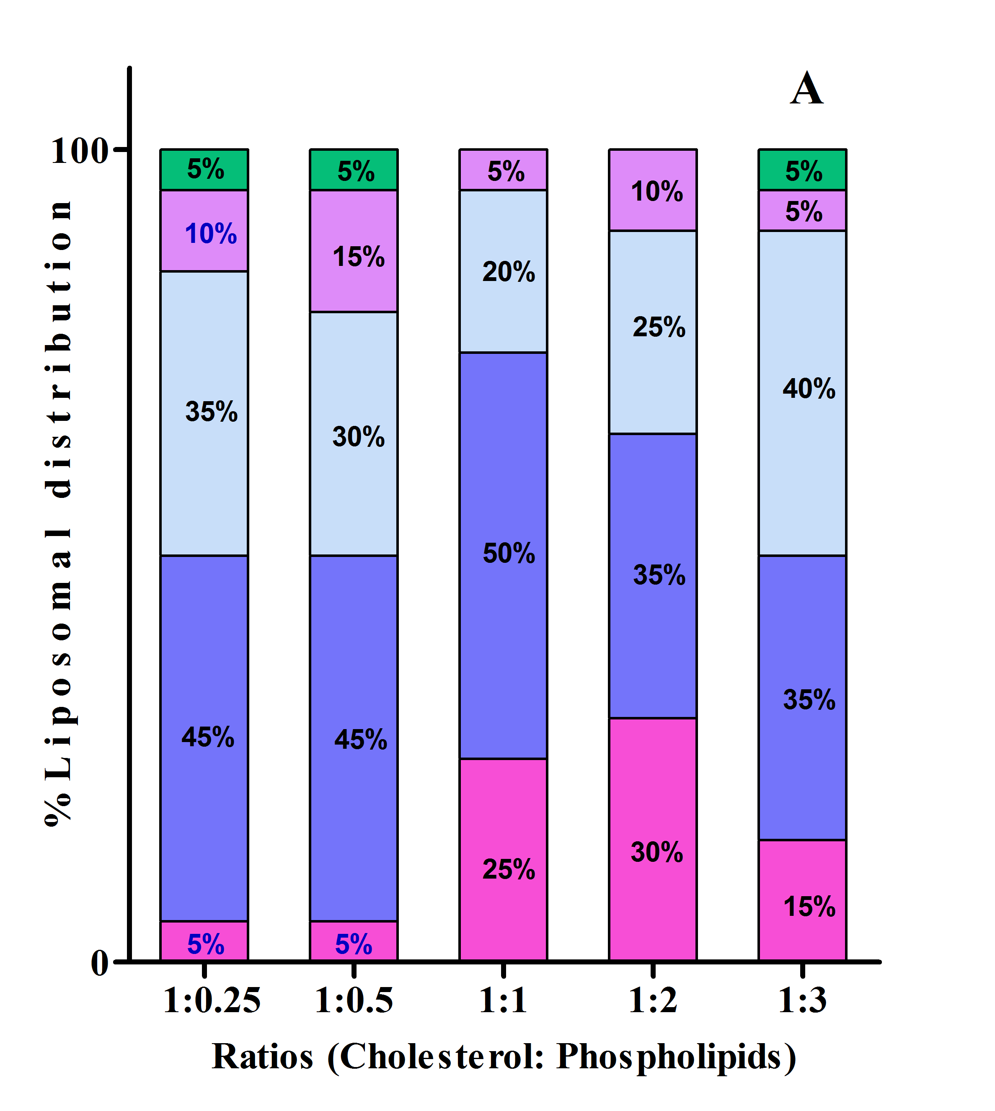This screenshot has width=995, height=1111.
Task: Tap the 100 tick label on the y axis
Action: coord(79,150)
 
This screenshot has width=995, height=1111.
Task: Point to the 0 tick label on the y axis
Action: coord(100,962)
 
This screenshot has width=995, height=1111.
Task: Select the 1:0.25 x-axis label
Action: coord(212,1000)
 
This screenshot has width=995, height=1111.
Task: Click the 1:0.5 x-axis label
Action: coord(354,1000)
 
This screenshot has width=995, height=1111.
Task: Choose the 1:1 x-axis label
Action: coord(503,1000)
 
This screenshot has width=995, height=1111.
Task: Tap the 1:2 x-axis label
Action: coord(653,1000)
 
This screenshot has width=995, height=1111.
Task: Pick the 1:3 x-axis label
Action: coord(802,1000)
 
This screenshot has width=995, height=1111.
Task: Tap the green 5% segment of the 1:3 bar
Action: coord(802,170)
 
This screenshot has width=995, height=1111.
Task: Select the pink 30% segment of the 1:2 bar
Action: coord(653,839)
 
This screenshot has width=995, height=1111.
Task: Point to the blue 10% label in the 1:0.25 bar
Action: coord(210,234)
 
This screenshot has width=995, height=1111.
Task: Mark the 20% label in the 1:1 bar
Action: coord(509,272)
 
